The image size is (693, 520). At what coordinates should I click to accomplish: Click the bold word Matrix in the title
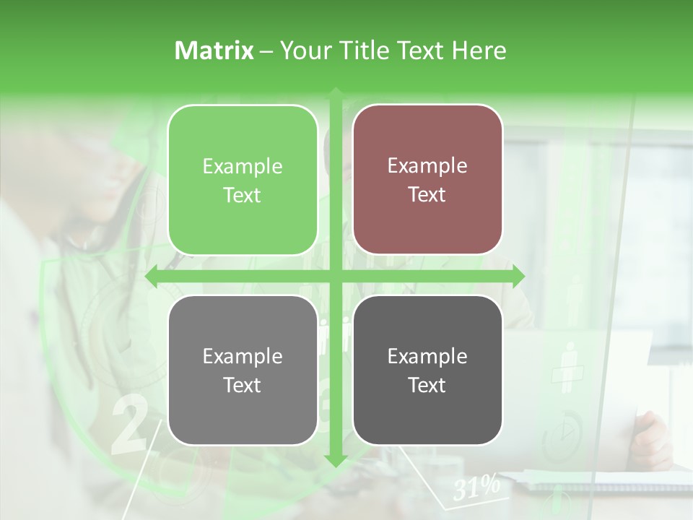[x=214, y=51]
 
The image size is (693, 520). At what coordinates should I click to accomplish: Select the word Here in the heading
[x=479, y=51]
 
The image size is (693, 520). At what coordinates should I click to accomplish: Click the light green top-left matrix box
[x=243, y=180]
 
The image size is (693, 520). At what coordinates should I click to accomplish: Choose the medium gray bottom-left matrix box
[x=243, y=370]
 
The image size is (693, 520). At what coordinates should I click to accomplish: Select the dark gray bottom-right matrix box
[x=427, y=370]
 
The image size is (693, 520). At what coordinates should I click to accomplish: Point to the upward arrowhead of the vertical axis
[x=336, y=94]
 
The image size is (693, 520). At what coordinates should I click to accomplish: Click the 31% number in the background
[x=476, y=488]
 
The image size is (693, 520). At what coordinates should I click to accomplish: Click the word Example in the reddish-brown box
[x=427, y=166]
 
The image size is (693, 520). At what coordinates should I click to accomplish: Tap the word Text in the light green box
[x=243, y=195]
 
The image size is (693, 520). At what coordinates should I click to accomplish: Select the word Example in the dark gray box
[x=427, y=356]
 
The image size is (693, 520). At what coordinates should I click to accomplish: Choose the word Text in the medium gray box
[x=243, y=385]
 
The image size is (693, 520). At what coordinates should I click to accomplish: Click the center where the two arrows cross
[x=336, y=276]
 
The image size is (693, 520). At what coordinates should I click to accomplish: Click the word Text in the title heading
[x=422, y=51]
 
